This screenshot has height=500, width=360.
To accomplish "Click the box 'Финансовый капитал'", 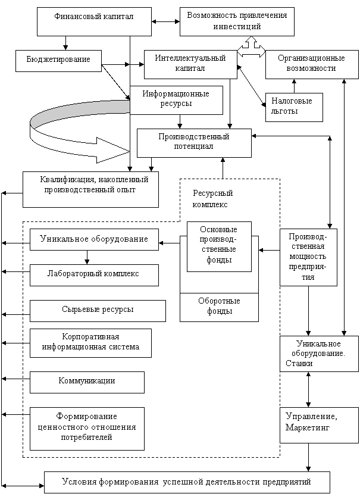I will pos(85,21).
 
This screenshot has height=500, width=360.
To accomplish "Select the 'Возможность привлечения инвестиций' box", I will pos(228,21).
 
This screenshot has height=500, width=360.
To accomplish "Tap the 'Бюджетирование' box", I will pos(58,60).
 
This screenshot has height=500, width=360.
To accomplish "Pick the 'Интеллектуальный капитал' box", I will pos(190,64).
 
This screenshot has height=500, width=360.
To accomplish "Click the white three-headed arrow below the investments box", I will pos(251,48).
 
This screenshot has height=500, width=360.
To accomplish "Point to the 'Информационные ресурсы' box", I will pos(176,99).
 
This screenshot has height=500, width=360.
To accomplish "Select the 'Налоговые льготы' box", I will pos(293,107).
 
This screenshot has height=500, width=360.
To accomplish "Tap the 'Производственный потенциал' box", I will pos(193,142).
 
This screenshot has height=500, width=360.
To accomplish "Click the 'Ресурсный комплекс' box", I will pos(218,199).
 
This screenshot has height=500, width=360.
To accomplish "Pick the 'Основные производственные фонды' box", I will pos(218,246).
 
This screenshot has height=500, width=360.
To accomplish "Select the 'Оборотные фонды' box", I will pos(218,307).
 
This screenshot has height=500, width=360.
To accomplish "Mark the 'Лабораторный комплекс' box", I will pos(93,274).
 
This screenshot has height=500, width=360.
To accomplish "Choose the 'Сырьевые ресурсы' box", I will pos(98,310).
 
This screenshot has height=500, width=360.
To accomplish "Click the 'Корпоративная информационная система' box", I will pos(90,342).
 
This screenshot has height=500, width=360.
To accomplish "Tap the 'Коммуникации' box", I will pos(87,382).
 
